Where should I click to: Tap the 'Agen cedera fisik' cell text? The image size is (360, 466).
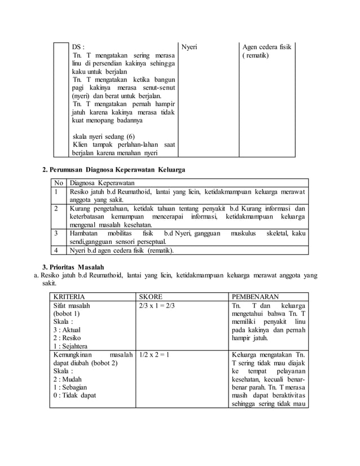(267, 47)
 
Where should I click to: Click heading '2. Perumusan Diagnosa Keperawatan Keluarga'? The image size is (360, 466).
(113, 169)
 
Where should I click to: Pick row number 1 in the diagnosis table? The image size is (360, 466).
(56, 193)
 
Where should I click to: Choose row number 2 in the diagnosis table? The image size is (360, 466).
(56, 208)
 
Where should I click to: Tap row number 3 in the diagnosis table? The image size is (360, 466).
(56, 232)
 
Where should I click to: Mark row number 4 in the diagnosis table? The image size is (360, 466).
(56, 250)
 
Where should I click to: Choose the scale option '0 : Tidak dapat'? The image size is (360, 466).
(74, 395)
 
